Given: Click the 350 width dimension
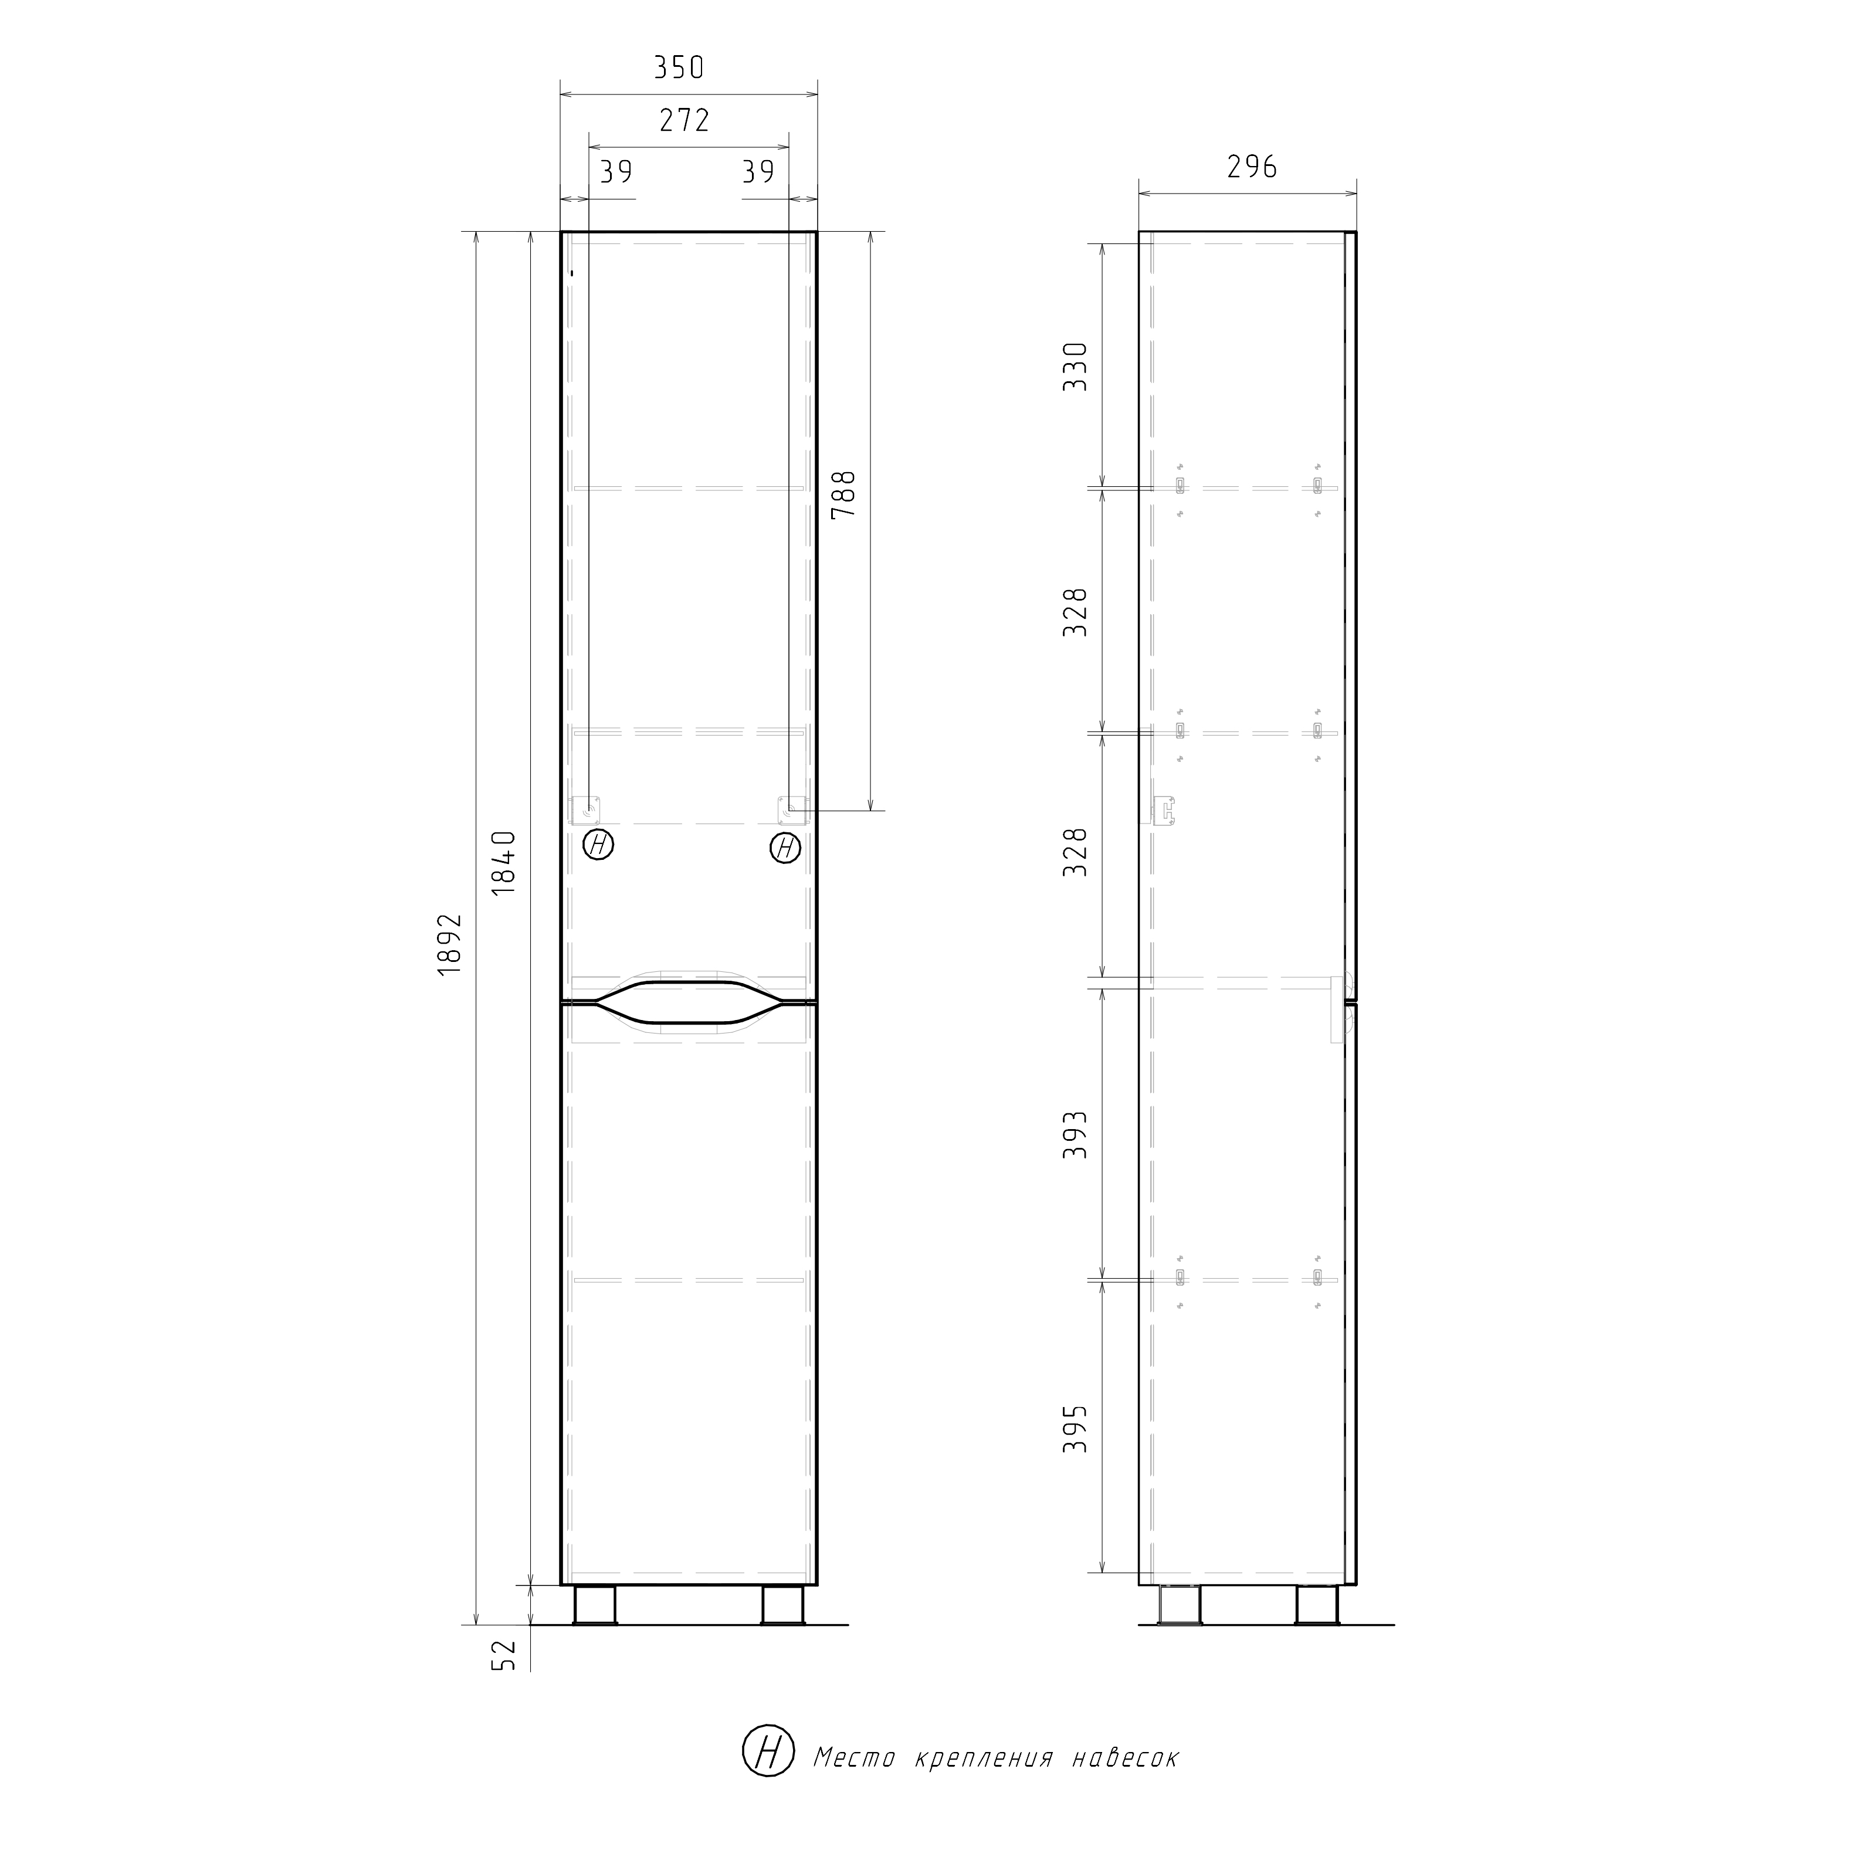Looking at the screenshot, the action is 680,67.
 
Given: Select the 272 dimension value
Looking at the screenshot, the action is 684,120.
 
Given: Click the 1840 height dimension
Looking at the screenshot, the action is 504,863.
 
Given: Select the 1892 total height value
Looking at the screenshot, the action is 450,945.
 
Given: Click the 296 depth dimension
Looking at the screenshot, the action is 1252,167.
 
